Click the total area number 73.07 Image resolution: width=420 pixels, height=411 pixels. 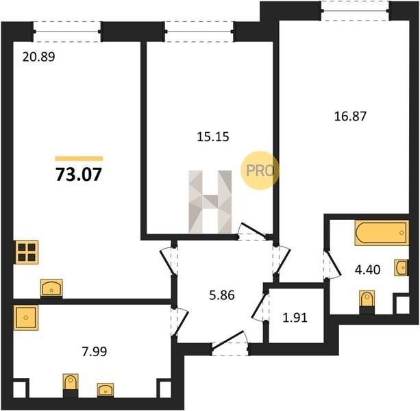(x=79, y=174)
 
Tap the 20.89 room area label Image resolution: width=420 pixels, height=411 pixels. (x=38, y=57)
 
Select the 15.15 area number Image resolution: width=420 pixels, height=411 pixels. (x=213, y=137)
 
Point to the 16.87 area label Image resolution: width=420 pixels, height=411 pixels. (x=350, y=116)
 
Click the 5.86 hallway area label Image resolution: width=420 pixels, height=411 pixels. (x=222, y=295)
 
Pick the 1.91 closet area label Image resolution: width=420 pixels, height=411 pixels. (x=295, y=318)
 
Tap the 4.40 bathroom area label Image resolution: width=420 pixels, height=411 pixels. (x=367, y=270)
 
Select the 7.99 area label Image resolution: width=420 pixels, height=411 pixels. (x=95, y=351)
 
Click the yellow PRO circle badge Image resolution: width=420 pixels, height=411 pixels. (x=260, y=171)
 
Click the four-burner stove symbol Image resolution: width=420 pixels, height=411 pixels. (x=27, y=252)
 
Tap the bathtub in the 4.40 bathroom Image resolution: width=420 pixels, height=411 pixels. (x=382, y=233)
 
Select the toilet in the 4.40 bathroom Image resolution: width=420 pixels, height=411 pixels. (x=367, y=302)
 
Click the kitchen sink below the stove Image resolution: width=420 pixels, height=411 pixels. (x=51, y=288)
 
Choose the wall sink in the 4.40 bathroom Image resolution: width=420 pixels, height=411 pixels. (x=402, y=267)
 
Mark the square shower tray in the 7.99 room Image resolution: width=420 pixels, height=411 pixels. (x=26, y=318)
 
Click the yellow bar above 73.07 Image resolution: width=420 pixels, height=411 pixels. (x=79, y=158)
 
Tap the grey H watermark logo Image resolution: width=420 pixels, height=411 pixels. (x=210, y=201)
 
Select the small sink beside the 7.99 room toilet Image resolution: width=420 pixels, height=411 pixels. (x=106, y=390)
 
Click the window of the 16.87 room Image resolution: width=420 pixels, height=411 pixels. (x=355, y=11)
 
